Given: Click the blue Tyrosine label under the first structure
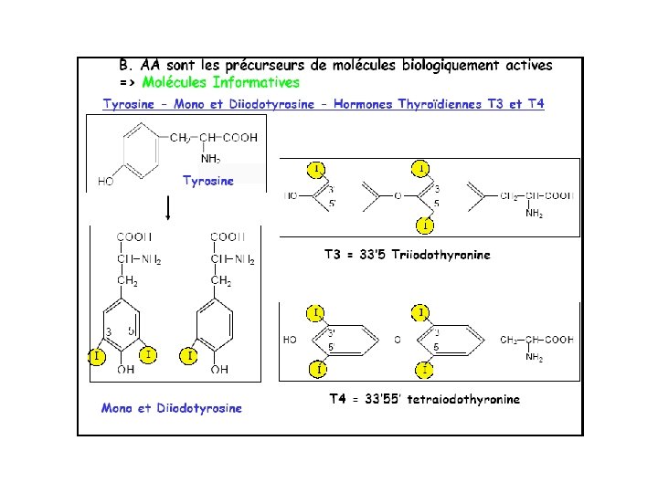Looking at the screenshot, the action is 208,180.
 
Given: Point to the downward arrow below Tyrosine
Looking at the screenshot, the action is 169,208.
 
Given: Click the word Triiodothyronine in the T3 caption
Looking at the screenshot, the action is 442,255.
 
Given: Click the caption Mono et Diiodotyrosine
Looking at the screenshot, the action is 172,408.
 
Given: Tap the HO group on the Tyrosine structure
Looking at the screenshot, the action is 106,181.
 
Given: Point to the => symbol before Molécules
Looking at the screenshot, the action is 128,82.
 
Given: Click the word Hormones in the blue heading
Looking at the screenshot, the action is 365,104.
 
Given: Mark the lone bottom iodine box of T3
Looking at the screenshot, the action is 427,224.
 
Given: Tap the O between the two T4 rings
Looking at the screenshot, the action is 398,340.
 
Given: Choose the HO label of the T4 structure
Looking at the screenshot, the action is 290,340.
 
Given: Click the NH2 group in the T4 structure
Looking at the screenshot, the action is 535,357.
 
